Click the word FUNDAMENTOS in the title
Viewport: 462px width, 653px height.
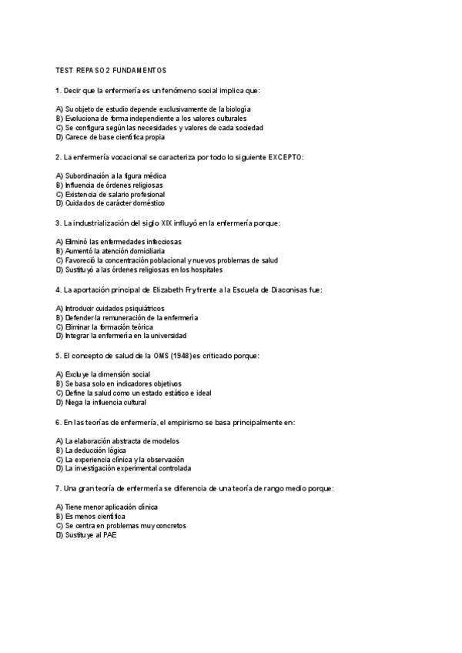[139, 71]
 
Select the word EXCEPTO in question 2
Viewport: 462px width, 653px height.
[285, 157]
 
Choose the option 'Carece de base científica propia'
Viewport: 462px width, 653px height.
[110, 138]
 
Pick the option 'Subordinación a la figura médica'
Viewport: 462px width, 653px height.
[111, 176]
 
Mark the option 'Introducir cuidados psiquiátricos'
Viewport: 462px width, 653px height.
[110, 308]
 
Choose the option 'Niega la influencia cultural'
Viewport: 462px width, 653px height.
[101, 402]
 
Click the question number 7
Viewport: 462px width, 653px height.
[59, 488]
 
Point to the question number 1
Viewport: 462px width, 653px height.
[59, 91]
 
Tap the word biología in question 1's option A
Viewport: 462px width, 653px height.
[236, 109]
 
